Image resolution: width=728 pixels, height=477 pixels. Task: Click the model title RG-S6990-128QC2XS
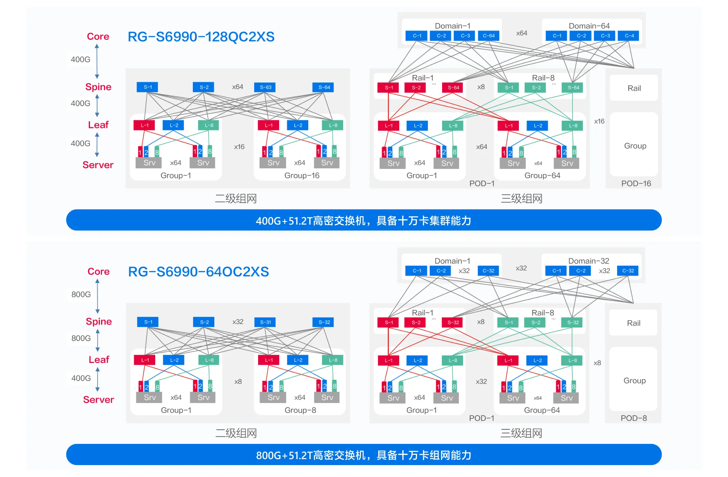tap(201, 37)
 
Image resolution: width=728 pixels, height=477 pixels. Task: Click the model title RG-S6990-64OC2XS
tap(199, 272)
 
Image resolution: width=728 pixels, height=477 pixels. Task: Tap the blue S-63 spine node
tap(265, 87)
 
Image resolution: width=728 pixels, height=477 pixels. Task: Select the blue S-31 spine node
tap(265, 322)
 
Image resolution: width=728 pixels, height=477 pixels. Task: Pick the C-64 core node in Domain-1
tap(488, 36)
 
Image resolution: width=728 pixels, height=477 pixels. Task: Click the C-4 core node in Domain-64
tap(629, 36)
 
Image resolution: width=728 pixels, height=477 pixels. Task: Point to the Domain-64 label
tap(589, 26)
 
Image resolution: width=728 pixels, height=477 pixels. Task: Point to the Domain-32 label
tap(588, 261)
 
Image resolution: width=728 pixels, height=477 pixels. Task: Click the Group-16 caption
tap(302, 176)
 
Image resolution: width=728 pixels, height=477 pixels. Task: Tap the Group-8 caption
tap(300, 410)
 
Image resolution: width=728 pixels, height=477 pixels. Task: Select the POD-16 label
tap(636, 184)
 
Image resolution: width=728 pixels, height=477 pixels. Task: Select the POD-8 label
tap(633, 418)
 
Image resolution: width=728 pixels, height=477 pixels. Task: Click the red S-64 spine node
tap(453, 87)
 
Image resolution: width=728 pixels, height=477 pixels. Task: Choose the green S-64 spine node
tap(573, 87)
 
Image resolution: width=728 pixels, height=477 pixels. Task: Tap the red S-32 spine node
tap(453, 322)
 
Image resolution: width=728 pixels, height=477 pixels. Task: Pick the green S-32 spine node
tap(573, 322)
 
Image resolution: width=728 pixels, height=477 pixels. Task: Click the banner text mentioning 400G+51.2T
tap(363, 221)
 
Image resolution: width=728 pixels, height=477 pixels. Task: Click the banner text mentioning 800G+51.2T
tap(363, 455)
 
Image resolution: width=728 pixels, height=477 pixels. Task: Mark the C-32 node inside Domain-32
tap(628, 271)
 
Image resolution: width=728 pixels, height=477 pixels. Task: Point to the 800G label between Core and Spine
tap(81, 294)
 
